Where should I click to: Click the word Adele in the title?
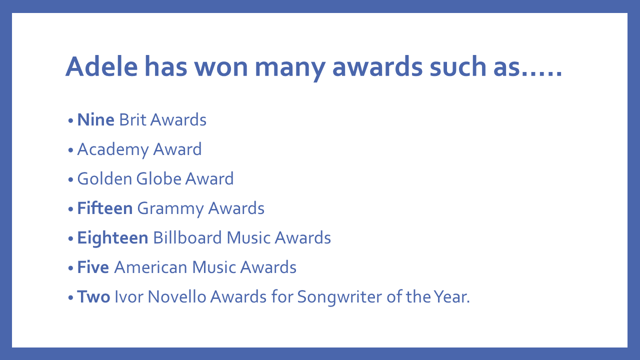[x=101, y=66]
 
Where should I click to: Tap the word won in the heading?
[x=221, y=68]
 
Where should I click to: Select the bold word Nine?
[x=95, y=119]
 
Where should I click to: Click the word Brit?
[x=132, y=119]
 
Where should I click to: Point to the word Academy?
[x=113, y=150]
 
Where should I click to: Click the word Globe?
[x=159, y=179]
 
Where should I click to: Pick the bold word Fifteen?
[x=105, y=208]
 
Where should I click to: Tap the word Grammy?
[x=170, y=209]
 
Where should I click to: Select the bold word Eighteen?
[x=112, y=238]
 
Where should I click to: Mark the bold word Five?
[x=93, y=267]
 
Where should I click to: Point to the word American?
[x=151, y=267]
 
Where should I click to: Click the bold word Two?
[x=93, y=296]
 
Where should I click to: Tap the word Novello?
[x=177, y=296]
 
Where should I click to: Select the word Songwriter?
[x=339, y=297]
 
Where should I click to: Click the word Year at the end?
[x=451, y=296]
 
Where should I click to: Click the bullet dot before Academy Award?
[x=71, y=150]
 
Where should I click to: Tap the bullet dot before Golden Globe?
[x=71, y=179]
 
